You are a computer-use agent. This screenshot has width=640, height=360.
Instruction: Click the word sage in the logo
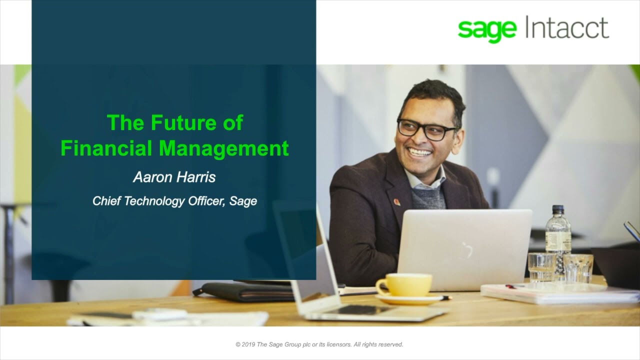pyautogui.click(x=486, y=29)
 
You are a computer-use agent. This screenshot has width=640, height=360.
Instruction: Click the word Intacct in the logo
pyautogui.click(x=567, y=27)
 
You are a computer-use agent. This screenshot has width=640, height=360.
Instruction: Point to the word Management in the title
pyautogui.click(x=223, y=148)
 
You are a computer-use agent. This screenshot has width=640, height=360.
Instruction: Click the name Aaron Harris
pyautogui.click(x=174, y=177)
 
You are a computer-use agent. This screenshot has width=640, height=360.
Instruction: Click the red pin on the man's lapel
pyautogui.click(x=396, y=202)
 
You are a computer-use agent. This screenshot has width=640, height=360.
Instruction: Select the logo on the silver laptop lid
pyautogui.click(x=467, y=248)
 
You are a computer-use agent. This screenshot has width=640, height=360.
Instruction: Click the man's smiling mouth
pyautogui.click(x=420, y=152)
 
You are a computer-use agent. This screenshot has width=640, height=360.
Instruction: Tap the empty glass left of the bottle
pyautogui.click(x=541, y=267)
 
